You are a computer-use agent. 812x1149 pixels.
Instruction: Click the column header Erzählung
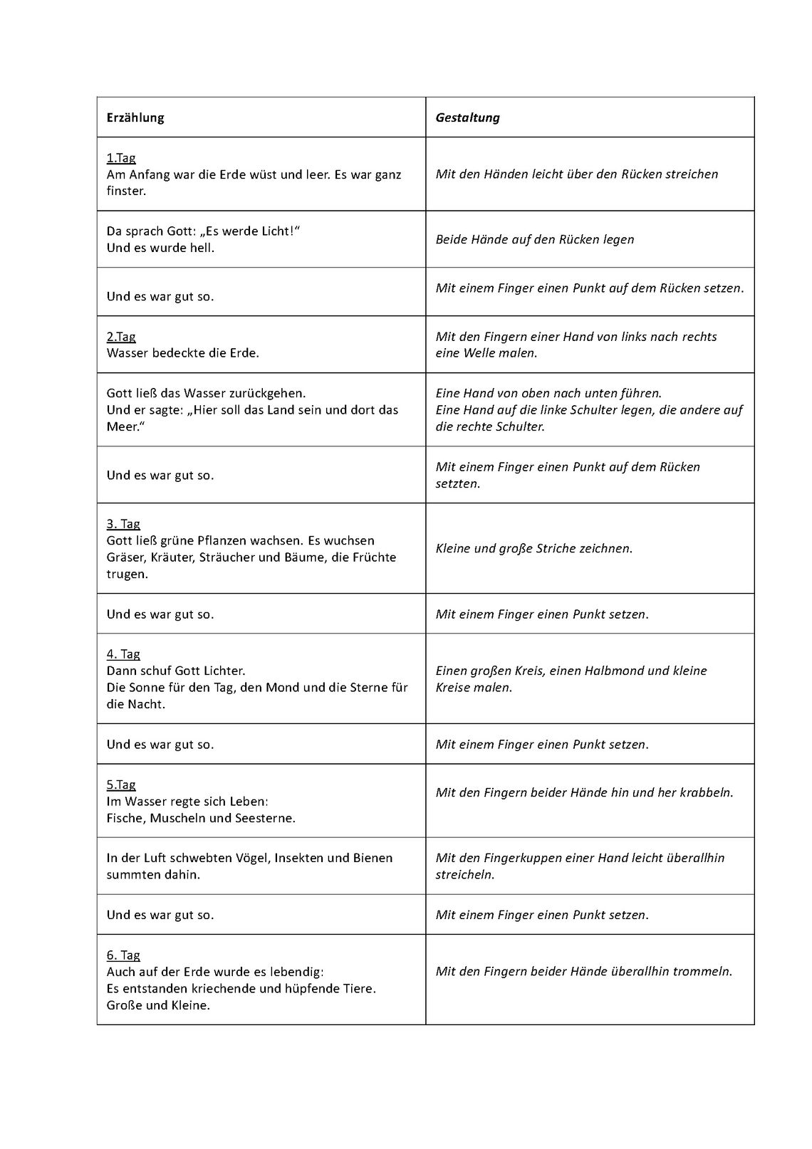(x=135, y=118)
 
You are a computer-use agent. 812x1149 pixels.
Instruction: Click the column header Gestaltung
(x=467, y=118)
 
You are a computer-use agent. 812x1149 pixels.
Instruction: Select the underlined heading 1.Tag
(x=121, y=158)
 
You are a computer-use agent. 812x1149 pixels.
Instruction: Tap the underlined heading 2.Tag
(x=121, y=337)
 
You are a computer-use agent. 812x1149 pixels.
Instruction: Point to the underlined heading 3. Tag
(x=123, y=524)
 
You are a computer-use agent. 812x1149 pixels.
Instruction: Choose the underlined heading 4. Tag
(x=123, y=654)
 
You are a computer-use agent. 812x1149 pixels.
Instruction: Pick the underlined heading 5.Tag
(x=121, y=785)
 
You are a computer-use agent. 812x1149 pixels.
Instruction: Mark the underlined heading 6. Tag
(x=123, y=955)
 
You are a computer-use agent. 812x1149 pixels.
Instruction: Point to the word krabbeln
(x=706, y=792)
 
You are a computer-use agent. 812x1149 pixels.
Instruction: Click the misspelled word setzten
(x=457, y=484)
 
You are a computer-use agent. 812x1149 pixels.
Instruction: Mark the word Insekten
(x=299, y=858)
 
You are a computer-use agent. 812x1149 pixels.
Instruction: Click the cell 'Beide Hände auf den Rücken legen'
(x=535, y=240)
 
